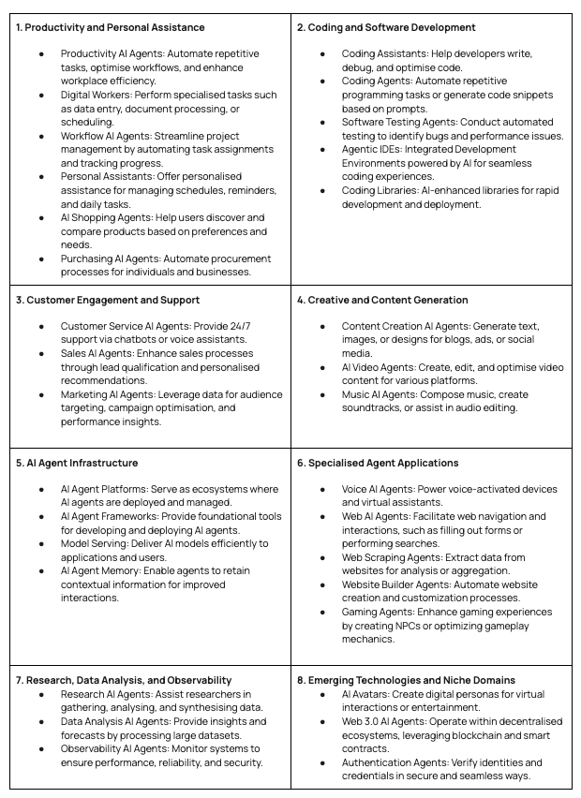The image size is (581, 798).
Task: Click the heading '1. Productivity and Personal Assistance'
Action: coord(111,28)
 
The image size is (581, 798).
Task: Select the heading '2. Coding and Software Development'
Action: coord(386,28)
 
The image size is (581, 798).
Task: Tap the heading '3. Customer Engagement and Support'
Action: coord(108,300)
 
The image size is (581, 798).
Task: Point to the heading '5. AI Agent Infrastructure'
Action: coord(77,463)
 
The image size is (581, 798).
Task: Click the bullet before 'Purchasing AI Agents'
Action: coord(41,259)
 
